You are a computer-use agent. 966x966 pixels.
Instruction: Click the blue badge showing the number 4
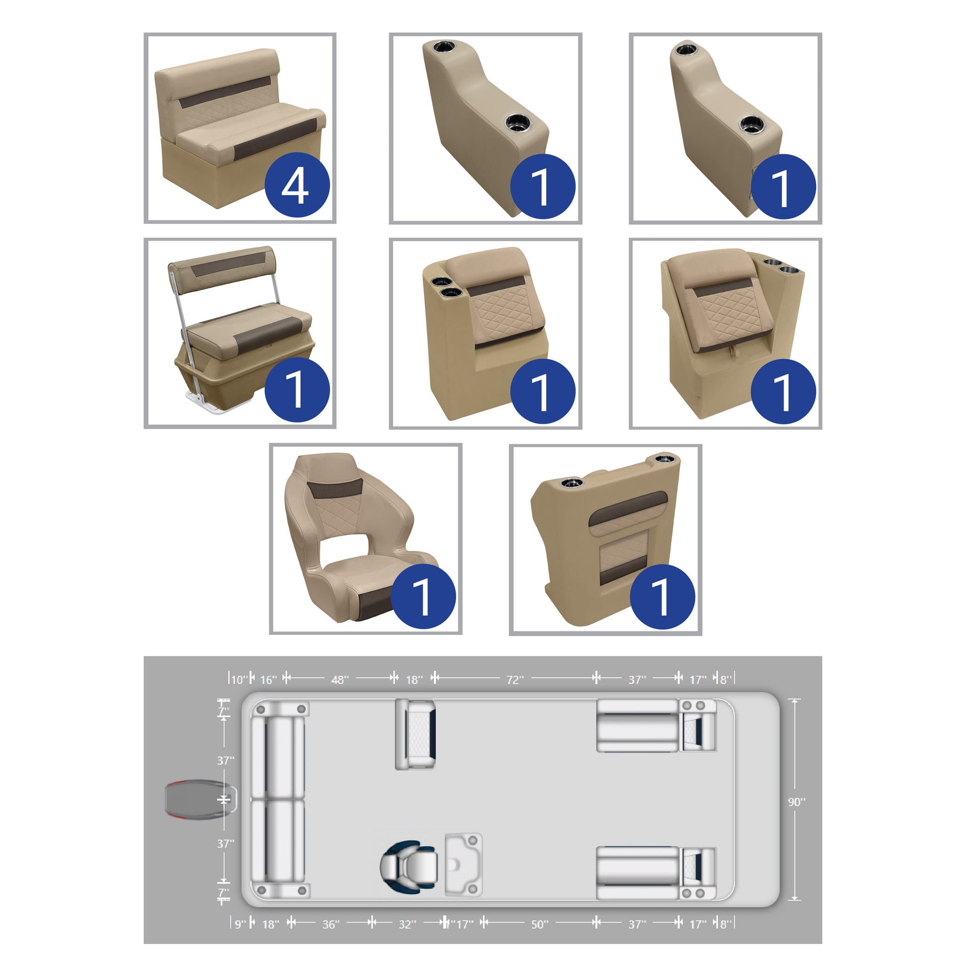[x=297, y=185]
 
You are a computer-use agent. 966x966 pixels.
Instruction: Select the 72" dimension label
[x=515, y=680]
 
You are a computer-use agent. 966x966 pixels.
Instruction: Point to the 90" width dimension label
[x=797, y=802]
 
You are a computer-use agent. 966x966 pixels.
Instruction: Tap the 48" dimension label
[x=340, y=680]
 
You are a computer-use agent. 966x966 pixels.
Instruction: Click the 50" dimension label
[x=540, y=924]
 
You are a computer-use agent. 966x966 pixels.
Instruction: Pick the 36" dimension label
[x=331, y=924]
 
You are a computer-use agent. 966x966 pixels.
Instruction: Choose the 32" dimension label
[x=408, y=924]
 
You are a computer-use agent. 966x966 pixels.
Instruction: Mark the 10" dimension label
[x=239, y=680]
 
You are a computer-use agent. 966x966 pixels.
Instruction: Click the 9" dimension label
[x=240, y=924]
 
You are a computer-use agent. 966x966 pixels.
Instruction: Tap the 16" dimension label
[x=269, y=680]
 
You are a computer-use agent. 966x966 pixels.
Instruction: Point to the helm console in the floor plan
[x=464, y=865]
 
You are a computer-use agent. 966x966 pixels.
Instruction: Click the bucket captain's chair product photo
[x=365, y=539]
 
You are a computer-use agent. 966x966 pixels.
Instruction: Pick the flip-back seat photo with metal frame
[x=240, y=333]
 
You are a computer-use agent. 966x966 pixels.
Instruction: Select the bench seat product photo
[x=240, y=128]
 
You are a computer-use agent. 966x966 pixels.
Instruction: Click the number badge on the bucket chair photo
[x=423, y=596]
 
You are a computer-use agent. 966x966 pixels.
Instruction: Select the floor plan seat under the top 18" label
[x=415, y=734]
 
